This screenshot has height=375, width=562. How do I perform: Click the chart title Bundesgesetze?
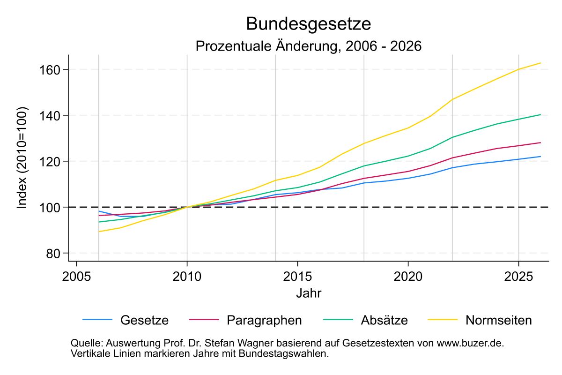tap(309, 23)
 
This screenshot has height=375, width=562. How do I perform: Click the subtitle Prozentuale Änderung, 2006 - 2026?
tap(309, 46)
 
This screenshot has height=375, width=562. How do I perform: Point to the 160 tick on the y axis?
tap(53, 69)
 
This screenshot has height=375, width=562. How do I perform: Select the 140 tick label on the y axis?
tap(53, 115)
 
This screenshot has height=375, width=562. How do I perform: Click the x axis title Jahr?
tap(309, 293)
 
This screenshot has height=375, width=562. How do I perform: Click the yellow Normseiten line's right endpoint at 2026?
tap(540, 63)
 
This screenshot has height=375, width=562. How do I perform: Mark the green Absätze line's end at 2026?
tap(540, 114)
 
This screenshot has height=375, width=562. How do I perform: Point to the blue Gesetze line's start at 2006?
tap(99, 211)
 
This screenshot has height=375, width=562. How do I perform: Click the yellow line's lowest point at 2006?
tap(99, 232)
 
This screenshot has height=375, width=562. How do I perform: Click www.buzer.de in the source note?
tap(470, 343)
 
